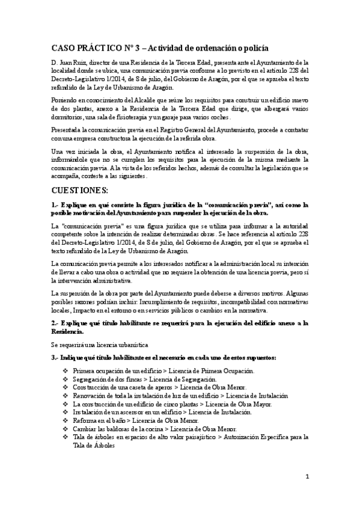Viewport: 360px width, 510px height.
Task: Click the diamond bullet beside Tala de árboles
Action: coord(65,437)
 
